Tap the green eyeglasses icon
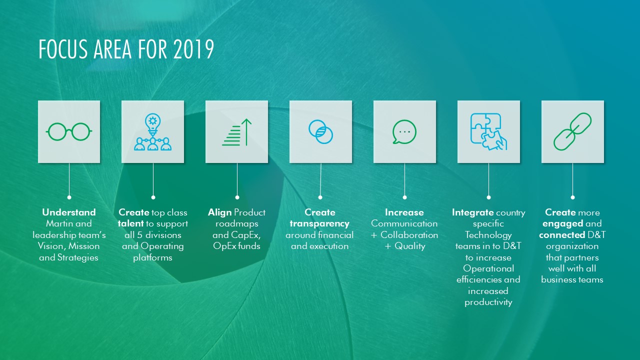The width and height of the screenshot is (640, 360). (x=69, y=131)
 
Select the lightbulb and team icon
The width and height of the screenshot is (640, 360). (x=153, y=131)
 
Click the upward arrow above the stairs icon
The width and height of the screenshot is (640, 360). (x=246, y=132)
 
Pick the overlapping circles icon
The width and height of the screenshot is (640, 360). (x=320, y=131)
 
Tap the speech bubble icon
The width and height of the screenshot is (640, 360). (x=404, y=131)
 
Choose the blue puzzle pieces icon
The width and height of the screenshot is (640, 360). (x=488, y=131)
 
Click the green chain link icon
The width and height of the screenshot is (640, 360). (x=572, y=131)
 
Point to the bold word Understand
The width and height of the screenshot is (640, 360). (x=69, y=212)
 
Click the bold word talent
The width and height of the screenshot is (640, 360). (x=130, y=223)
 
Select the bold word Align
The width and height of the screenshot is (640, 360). (x=219, y=212)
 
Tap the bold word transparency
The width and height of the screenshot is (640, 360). (x=319, y=223)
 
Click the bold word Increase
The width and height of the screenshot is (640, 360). (x=404, y=212)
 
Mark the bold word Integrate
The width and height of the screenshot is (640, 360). (x=472, y=212)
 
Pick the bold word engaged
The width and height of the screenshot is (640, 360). (x=563, y=223)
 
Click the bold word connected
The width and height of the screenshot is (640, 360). (x=562, y=235)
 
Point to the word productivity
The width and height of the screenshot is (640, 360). (x=488, y=302)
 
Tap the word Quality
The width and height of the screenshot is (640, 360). (x=410, y=246)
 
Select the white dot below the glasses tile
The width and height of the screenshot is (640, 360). (x=69, y=197)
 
